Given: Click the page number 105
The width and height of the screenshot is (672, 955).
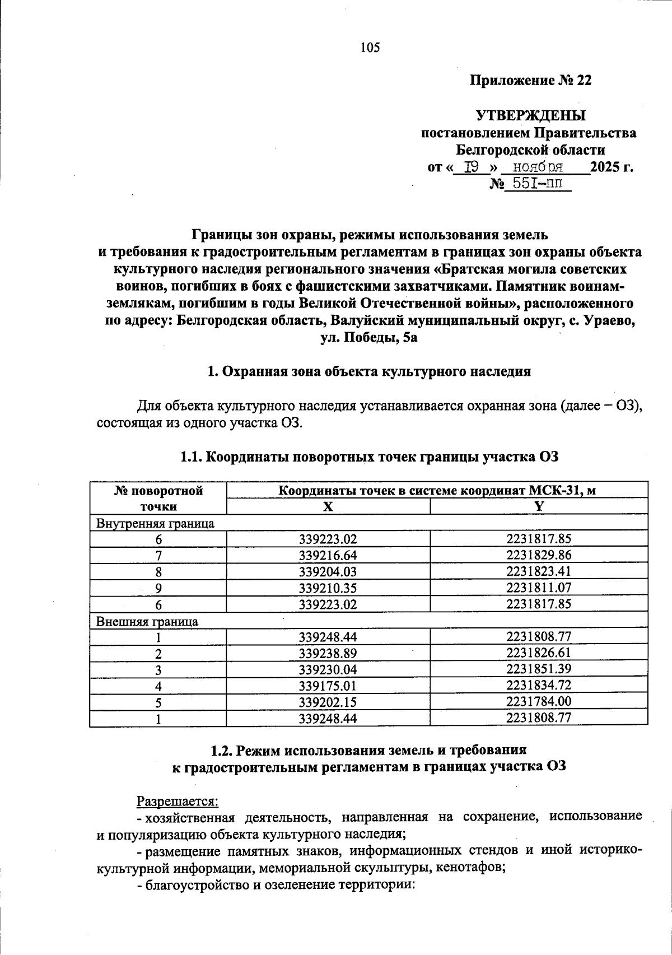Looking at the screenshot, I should point(370,48).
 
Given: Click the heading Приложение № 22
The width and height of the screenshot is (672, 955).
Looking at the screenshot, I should point(530,81).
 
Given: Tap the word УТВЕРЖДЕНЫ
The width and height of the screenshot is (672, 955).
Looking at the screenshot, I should point(530,116).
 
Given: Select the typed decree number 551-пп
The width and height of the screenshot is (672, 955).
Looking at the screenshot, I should point(536,183).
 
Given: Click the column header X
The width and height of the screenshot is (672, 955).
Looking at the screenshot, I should point(328,506).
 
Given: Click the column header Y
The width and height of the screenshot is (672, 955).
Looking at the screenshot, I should point(539,506).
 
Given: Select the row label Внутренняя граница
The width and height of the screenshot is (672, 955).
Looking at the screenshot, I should point(156,524).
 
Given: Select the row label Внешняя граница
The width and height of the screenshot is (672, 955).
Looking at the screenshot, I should point(147,621).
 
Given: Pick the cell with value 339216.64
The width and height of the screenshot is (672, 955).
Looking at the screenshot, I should point(328,556).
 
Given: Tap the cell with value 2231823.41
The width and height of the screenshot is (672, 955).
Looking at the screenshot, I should point(539,572).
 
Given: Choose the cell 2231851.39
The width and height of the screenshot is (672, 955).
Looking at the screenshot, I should point(539,669).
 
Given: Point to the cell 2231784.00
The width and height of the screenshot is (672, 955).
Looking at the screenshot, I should point(539,702).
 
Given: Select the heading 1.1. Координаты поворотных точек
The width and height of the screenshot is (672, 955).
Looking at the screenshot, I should point(370,457).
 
